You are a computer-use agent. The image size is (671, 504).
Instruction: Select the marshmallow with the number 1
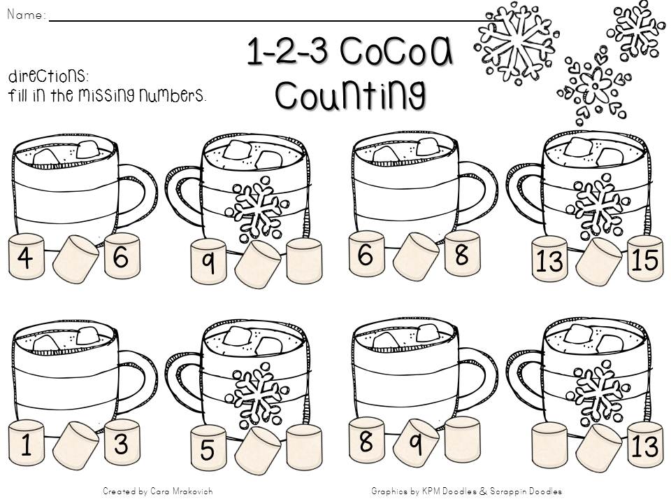click(27, 446)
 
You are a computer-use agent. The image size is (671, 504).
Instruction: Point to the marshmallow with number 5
click(208, 449)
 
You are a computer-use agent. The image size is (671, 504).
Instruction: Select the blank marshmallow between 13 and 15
click(599, 260)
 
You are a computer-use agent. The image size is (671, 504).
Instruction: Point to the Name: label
click(26, 14)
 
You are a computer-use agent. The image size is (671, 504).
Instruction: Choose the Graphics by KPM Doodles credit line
click(467, 491)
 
